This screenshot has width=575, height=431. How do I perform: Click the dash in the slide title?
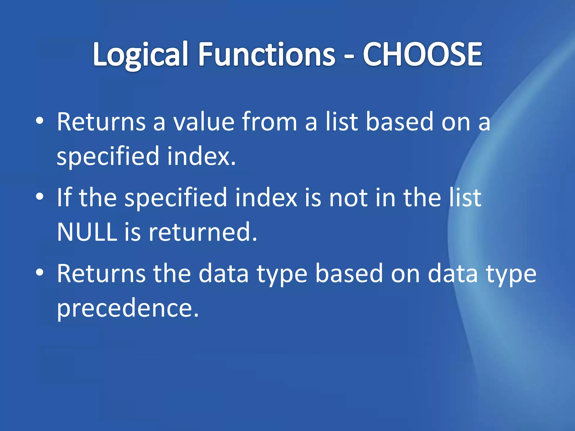349,56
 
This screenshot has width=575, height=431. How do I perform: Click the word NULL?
87,232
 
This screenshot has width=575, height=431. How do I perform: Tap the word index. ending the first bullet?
201,156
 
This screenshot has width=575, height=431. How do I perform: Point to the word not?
348,198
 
